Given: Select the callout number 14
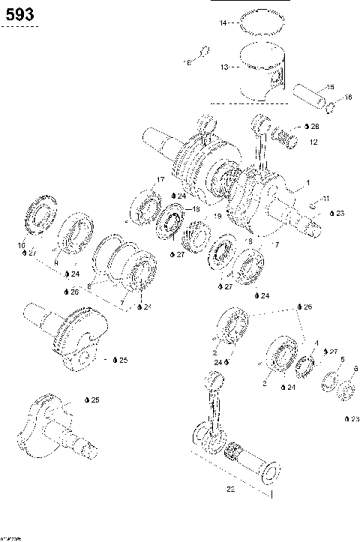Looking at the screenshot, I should click(x=222, y=24).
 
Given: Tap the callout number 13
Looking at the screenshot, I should click(x=223, y=67).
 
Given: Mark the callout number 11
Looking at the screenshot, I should click(x=325, y=198).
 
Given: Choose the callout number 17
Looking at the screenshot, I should click(x=160, y=179).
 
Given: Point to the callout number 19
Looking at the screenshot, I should click(x=217, y=217).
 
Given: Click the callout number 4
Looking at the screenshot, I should click(x=316, y=343).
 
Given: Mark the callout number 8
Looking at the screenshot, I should click(x=88, y=286).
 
